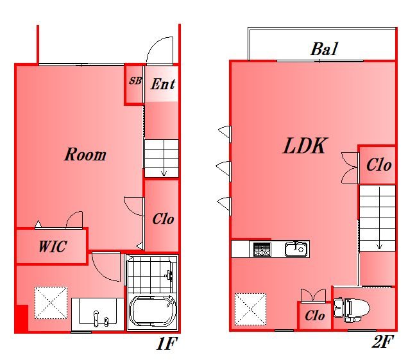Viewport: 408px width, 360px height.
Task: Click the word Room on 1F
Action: click(85, 155)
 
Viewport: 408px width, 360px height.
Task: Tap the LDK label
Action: click(305, 146)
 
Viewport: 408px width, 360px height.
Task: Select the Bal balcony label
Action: click(324, 49)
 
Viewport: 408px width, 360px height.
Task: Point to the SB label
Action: click(135, 81)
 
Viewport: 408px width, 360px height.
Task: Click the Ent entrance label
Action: click(163, 84)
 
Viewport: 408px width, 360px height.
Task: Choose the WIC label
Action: click(53, 246)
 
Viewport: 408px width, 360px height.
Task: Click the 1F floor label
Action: click(167, 343)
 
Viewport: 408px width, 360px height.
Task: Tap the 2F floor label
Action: click(382, 341)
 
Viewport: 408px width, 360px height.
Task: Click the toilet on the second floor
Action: click(352, 310)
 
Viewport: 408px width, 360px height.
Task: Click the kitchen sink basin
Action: click(296, 249)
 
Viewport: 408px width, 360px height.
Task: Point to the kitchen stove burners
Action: click(262, 250)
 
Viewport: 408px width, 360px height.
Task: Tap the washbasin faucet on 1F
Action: click(96, 318)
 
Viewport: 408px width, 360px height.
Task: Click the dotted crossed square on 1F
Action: click(51, 303)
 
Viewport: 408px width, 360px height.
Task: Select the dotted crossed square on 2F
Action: click(250, 309)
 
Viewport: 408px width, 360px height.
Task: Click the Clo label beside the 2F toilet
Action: click(314, 316)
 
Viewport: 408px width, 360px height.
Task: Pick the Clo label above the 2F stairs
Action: click(378, 165)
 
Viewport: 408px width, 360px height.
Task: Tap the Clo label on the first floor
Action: click(163, 219)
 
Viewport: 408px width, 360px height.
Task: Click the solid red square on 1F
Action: click(22, 318)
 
